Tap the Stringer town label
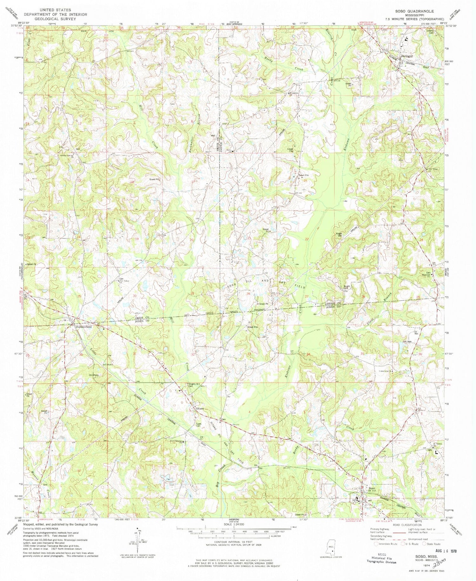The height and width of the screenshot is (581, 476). click(x=407, y=56)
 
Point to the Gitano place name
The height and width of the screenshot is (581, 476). click(x=200, y=408)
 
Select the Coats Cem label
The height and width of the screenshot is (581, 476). click(x=199, y=425)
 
